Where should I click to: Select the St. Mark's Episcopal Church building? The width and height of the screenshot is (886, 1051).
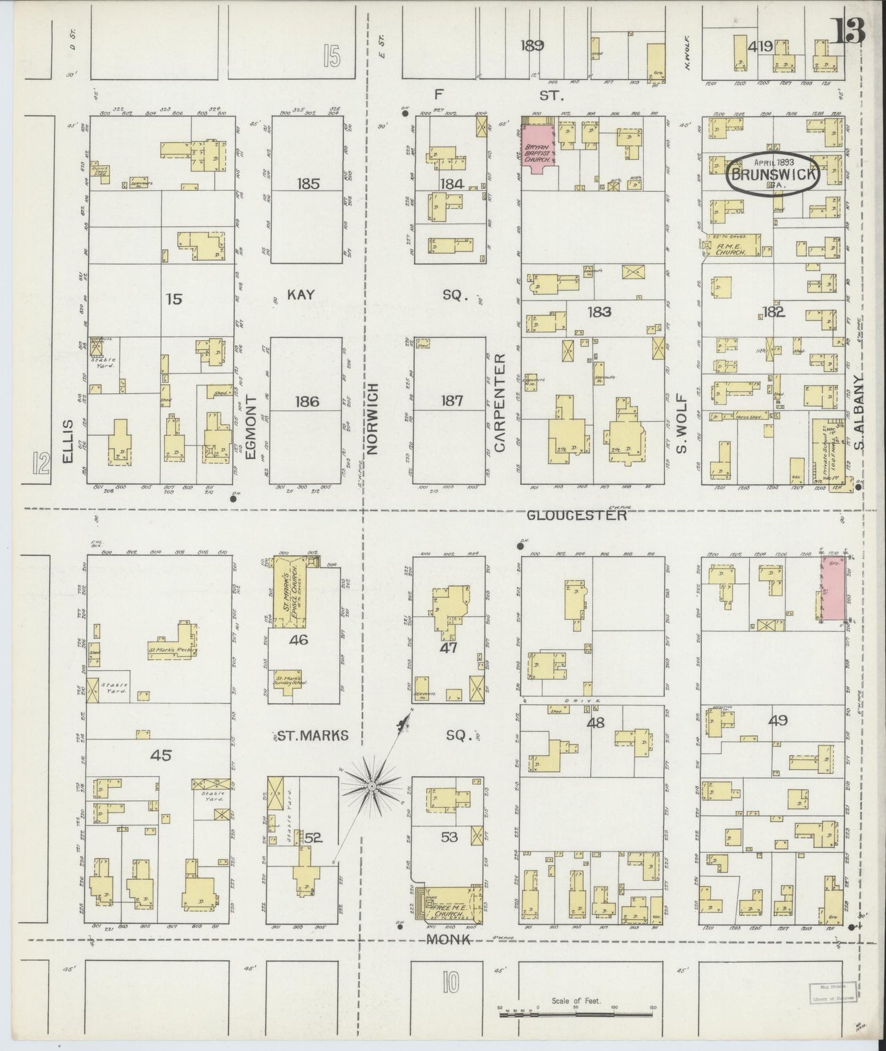pyautogui.click(x=291, y=592)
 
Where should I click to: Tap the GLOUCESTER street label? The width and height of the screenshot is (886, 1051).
pyautogui.click(x=577, y=516)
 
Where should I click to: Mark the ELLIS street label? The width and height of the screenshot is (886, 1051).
pyautogui.click(x=67, y=441)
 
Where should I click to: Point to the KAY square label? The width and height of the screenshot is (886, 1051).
pyautogui.click(x=301, y=295)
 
